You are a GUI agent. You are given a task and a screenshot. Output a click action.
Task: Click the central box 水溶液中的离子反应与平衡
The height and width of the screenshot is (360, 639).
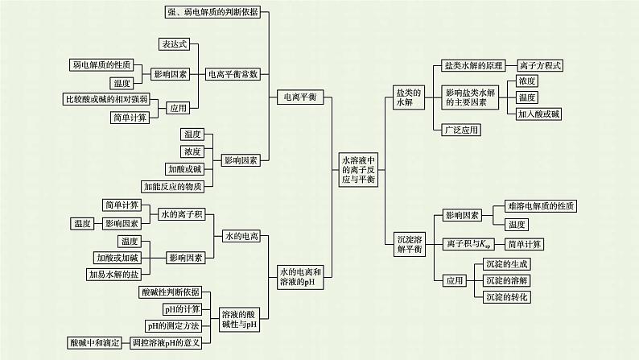click(x=359, y=170)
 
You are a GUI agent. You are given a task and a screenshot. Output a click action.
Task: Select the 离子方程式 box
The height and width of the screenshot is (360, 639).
click(x=540, y=65)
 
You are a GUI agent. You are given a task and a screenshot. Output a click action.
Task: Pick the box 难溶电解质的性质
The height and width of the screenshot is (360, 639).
click(x=539, y=206)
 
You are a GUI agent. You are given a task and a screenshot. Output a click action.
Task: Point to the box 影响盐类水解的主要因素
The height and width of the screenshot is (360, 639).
click(x=467, y=97)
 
